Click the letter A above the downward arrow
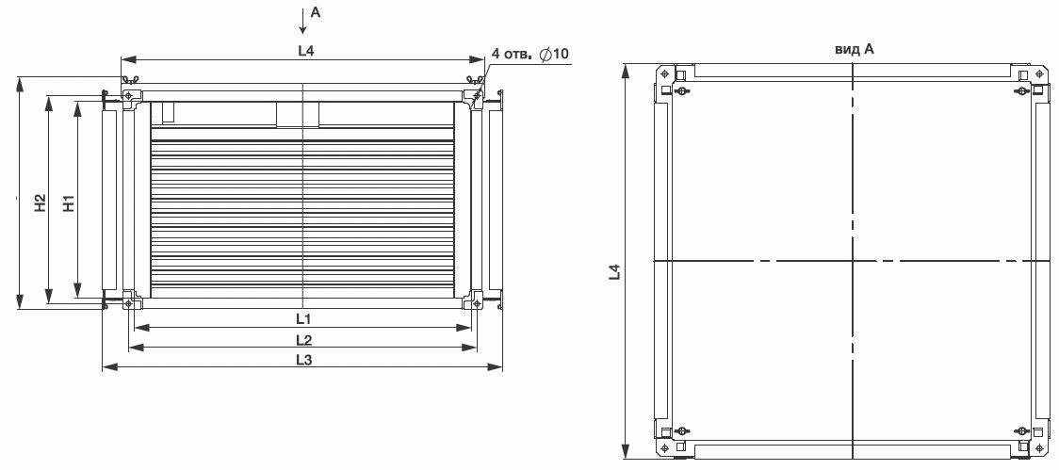(316, 12)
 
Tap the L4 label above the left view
(306, 51)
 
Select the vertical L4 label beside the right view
(614, 271)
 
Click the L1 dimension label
(303, 317)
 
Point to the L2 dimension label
(303, 338)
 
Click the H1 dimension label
(68, 203)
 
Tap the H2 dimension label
(41, 203)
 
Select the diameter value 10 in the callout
(562, 54)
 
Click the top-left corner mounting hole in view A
(665, 73)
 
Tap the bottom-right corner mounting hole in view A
(1041, 447)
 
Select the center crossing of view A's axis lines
(854, 260)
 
